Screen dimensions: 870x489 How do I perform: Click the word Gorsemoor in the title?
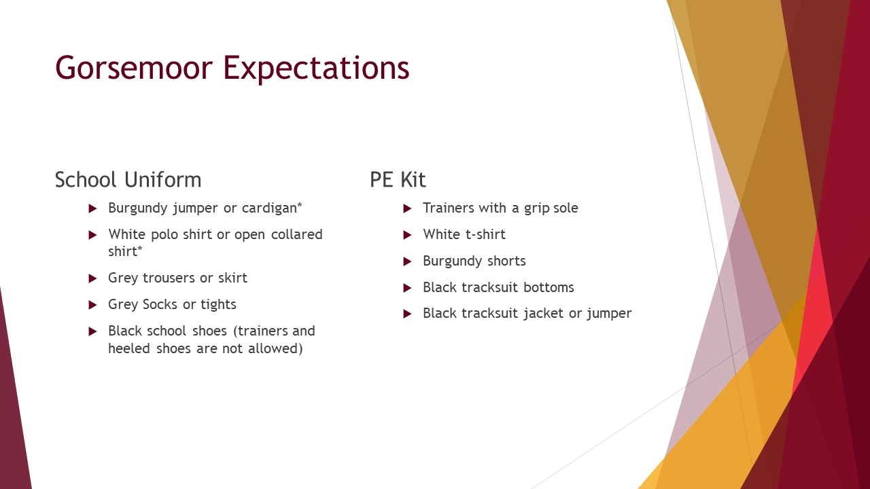[x=134, y=67]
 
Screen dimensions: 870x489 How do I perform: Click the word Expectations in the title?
[x=316, y=69]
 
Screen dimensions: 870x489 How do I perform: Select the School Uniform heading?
[x=128, y=180]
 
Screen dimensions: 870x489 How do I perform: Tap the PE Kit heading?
[x=398, y=180]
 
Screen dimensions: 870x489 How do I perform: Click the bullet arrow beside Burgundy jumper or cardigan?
[x=92, y=209]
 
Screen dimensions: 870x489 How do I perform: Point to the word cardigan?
[x=272, y=208]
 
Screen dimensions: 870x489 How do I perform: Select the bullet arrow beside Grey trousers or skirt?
[x=92, y=278]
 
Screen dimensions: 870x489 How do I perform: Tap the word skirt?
[x=232, y=278]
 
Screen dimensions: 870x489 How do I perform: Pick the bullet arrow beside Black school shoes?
[x=92, y=331]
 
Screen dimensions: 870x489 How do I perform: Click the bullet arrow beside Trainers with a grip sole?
[x=407, y=209]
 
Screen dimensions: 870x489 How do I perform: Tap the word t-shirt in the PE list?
[x=483, y=234]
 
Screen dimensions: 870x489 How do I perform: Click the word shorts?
[x=506, y=261]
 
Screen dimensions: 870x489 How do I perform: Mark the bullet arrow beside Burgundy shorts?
[x=407, y=261]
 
